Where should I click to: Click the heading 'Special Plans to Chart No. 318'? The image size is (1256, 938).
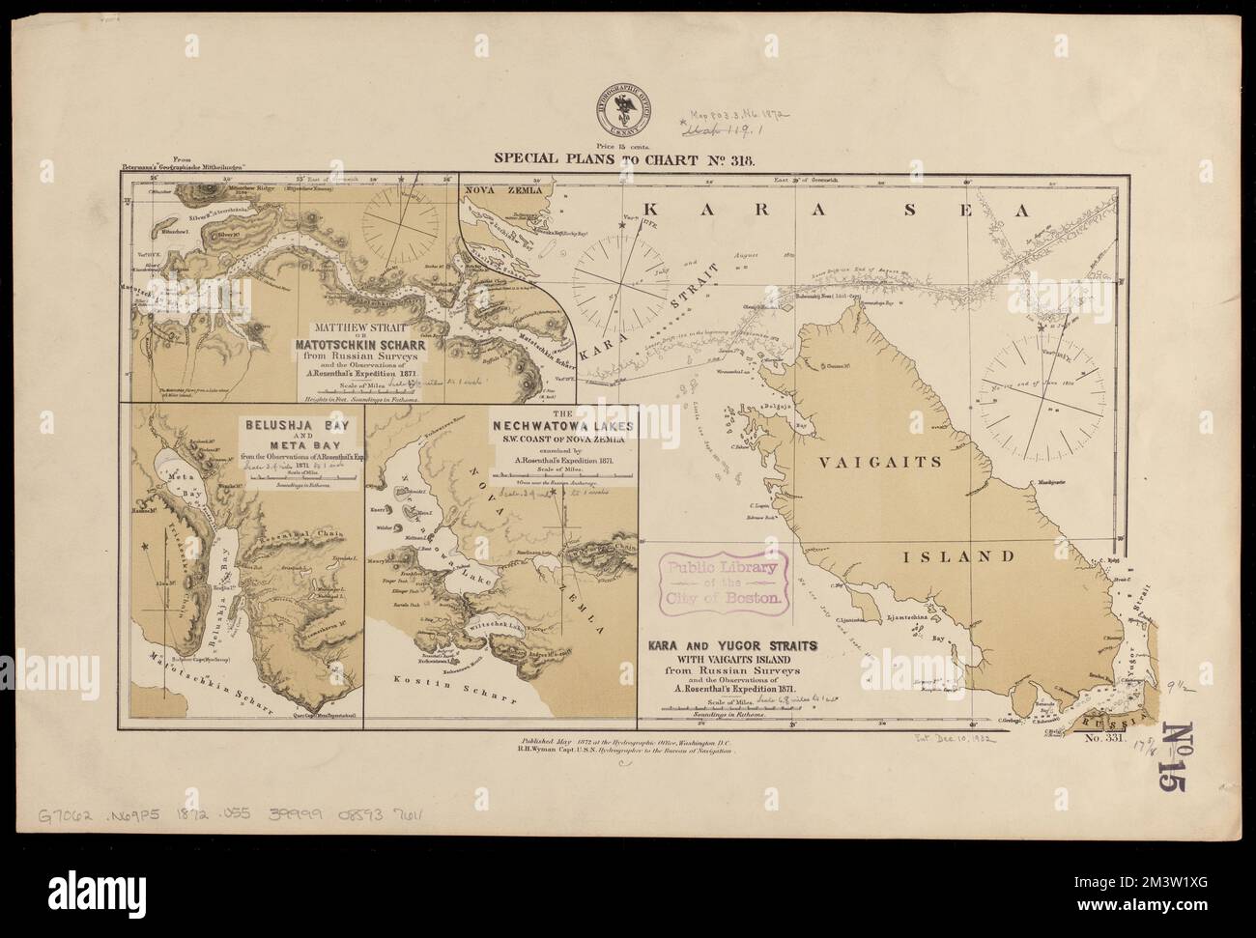tap(628, 159)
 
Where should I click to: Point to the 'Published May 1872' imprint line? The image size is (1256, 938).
tap(629, 743)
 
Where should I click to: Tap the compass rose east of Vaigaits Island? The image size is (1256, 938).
tap(1036, 396)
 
